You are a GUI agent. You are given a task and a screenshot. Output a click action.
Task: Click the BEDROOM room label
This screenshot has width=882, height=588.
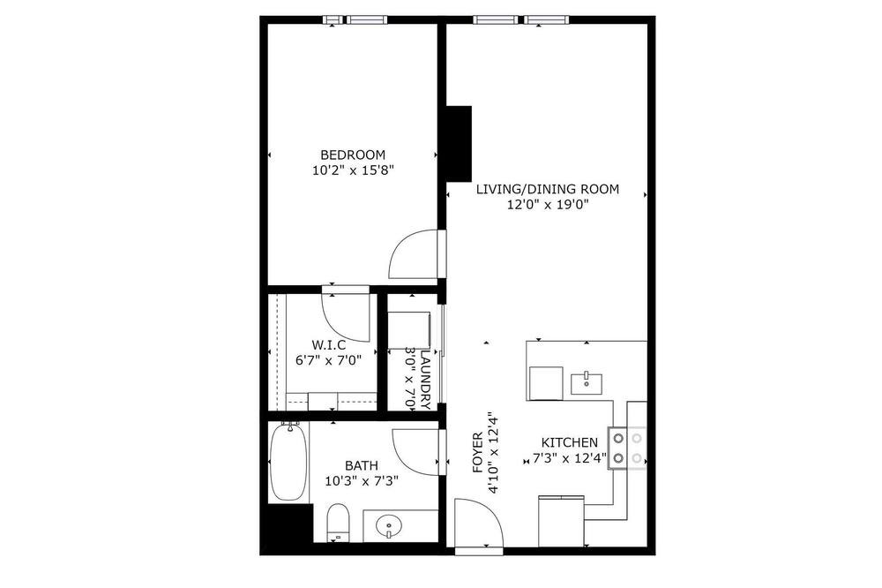click(x=353, y=155)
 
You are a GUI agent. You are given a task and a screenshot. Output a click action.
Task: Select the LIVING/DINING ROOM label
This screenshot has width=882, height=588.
click(x=548, y=189)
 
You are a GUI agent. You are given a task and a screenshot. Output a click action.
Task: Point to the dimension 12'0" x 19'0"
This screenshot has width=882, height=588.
click(x=548, y=205)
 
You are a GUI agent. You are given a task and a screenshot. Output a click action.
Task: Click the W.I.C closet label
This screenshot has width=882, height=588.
click(x=328, y=344)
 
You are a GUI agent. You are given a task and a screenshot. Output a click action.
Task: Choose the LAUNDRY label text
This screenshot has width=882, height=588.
click(x=425, y=381)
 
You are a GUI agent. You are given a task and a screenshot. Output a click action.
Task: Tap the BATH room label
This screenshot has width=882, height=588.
click(x=361, y=466)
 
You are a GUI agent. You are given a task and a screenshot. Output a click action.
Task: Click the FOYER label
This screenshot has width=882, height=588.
click(x=477, y=452)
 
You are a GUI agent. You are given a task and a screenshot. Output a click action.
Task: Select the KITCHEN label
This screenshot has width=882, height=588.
click(x=569, y=442)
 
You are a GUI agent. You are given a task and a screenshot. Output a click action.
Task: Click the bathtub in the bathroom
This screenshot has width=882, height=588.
click(x=288, y=461)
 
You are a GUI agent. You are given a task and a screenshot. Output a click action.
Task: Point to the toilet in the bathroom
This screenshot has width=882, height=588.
click(x=338, y=522)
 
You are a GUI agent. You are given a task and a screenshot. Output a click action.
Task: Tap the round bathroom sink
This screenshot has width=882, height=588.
click(x=389, y=526)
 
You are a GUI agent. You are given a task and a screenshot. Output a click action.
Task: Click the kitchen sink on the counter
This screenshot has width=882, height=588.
click(x=587, y=383)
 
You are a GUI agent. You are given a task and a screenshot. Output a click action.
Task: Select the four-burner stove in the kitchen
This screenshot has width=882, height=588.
click(x=627, y=448)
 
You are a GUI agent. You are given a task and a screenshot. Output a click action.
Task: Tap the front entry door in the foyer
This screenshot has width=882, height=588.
click(x=479, y=524)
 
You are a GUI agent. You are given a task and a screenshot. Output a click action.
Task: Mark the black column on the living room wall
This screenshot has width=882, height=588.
click(x=459, y=144)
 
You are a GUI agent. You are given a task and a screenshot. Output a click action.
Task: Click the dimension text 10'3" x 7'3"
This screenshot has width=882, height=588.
click(x=362, y=481)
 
